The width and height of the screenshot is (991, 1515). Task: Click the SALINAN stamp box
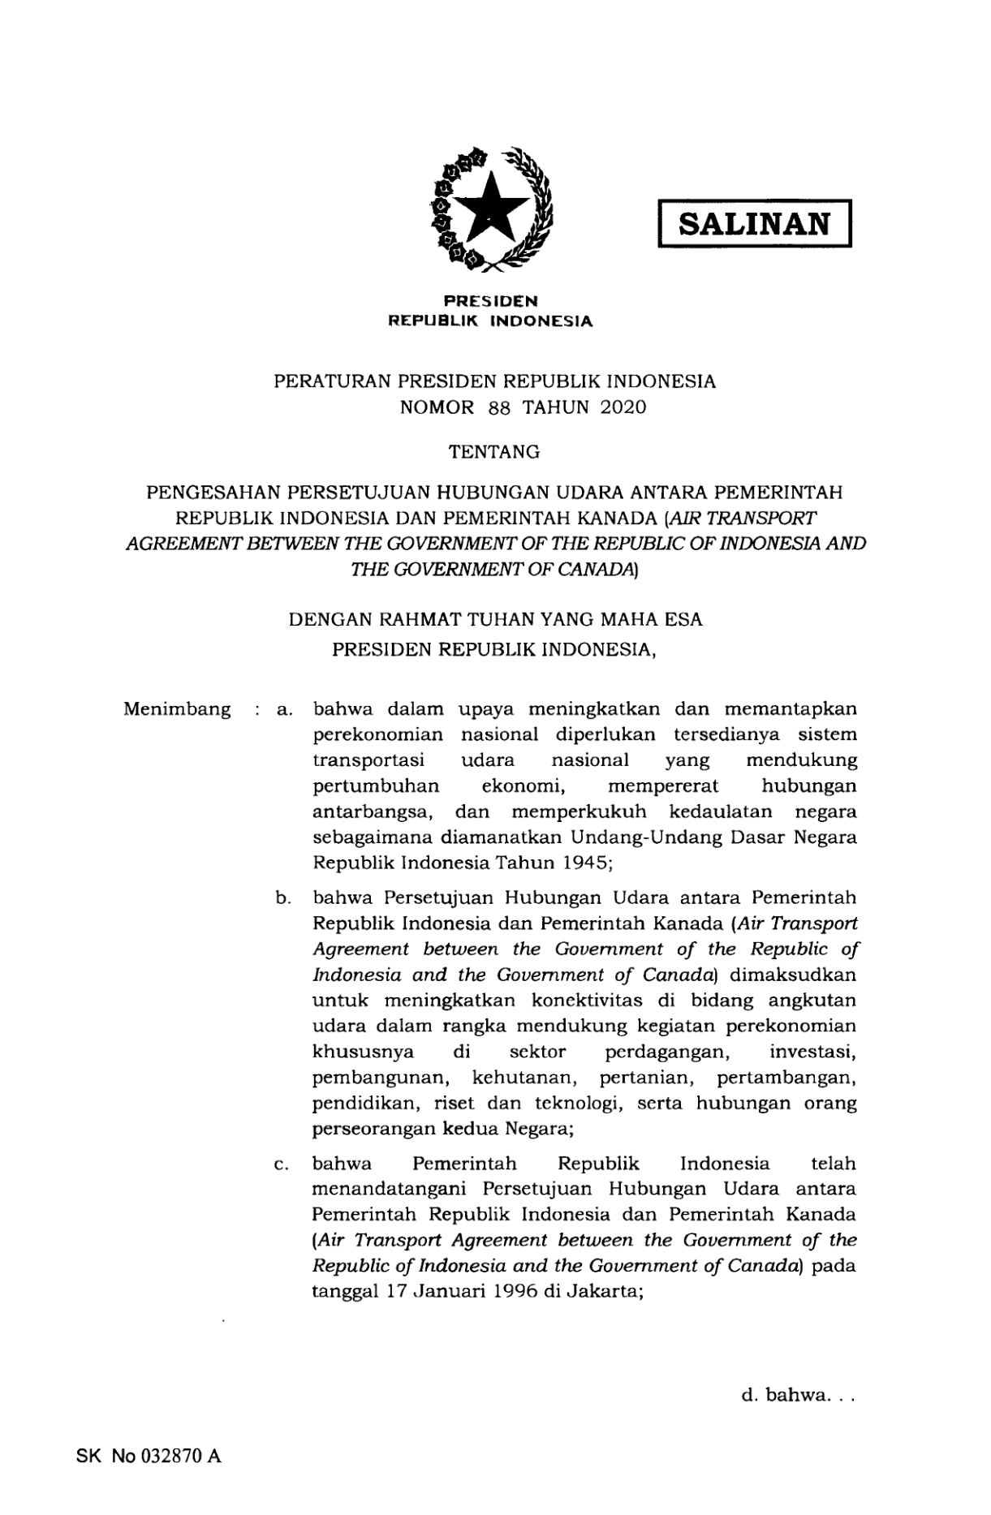coord(754,222)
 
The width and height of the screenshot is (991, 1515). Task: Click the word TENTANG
coord(494,453)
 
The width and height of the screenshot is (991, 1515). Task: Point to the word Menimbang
coord(177,709)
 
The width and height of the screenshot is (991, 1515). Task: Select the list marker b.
coord(282,898)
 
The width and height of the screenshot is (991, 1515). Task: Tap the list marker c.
coord(282,1165)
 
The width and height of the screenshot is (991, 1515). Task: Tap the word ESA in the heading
coord(683,621)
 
